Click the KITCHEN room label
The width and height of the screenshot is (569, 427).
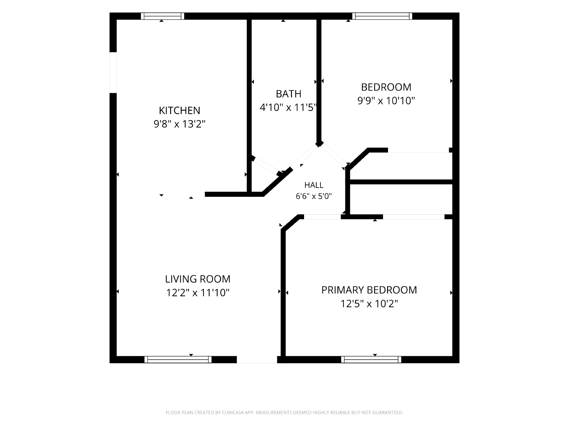(x=179, y=110)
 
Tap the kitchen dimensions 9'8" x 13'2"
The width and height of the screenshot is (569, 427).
(x=179, y=124)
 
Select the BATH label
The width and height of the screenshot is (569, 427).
(x=288, y=94)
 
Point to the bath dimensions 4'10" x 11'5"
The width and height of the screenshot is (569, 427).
(x=288, y=107)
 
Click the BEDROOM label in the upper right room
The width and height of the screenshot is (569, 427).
(x=386, y=87)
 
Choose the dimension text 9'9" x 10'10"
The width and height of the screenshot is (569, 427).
(x=386, y=101)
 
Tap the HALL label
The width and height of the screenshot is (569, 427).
(x=314, y=185)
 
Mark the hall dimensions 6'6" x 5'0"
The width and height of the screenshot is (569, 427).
(x=314, y=196)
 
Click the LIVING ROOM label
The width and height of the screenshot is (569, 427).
(x=197, y=279)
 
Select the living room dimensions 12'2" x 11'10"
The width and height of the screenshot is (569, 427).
(x=197, y=293)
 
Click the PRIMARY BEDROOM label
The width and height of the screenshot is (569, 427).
(x=369, y=290)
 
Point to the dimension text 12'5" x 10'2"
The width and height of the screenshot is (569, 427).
(x=369, y=304)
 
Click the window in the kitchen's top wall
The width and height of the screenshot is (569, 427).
(x=163, y=16)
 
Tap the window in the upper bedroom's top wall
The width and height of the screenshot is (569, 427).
(x=382, y=16)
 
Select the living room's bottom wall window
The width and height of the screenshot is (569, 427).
(x=178, y=359)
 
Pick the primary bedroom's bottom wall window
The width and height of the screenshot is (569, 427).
(x=371, y=359)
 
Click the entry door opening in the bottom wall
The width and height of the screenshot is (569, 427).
(x=257, y=360)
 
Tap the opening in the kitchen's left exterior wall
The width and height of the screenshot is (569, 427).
(x=113, y=73)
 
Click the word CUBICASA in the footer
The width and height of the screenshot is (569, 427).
(x=233, y=412)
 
